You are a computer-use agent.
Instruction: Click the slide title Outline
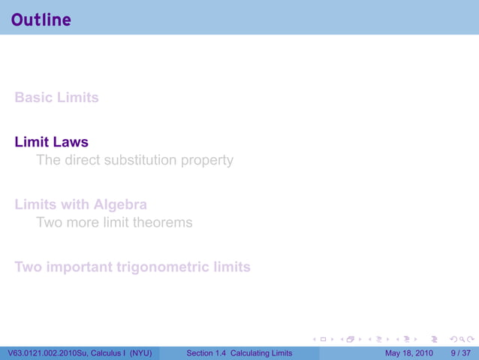pos(41,20)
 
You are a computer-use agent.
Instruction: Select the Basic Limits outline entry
pos(56,98)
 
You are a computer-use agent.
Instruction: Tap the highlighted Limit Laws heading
pos(51,142)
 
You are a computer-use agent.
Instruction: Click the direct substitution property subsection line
pos(134,160)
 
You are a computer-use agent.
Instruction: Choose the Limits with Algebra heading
pos(80,204)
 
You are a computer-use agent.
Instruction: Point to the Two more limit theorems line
pos(114,222)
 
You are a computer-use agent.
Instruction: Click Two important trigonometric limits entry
pos(132,267)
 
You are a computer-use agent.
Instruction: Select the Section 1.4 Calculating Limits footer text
pos(239,352)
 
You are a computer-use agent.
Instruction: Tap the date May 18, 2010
pos(408,352)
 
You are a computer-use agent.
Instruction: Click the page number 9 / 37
pos(459,352)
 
